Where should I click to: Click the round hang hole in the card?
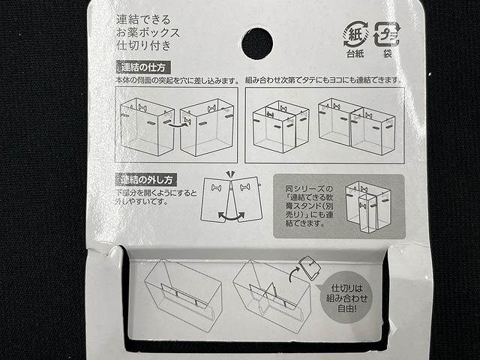point(257,43)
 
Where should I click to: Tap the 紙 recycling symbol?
point(355,33)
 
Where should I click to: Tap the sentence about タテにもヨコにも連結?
point(324,79)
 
